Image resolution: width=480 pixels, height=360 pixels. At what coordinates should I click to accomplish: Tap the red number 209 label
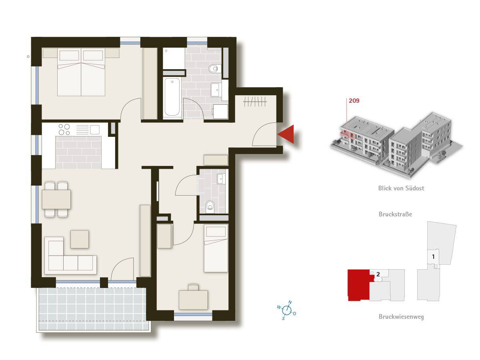pos(354,100)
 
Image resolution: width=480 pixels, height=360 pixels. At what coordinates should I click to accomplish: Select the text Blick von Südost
pos(401,188)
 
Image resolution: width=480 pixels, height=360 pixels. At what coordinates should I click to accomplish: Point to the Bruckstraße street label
pos(395,214)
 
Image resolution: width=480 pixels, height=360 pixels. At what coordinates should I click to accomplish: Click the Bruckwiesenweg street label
pos(401,316)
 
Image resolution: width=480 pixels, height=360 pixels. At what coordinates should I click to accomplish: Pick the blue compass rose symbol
pos(287,310)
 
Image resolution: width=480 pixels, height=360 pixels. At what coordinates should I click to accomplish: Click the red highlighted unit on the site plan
pos(358,285)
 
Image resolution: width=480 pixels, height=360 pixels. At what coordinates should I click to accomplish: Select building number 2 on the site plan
pos(378,274)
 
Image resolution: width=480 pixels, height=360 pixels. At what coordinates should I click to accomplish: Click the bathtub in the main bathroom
pos(172,97)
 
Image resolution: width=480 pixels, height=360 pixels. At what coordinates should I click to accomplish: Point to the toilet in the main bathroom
pos(214,69)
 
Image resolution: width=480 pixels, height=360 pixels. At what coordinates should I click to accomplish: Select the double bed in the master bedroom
pos(81,72)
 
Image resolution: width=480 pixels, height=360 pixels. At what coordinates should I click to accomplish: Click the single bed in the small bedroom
pos(216,248)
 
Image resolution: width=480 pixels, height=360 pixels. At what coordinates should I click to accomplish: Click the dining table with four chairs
pos(56,199)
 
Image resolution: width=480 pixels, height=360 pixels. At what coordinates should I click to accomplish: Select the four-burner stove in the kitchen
pos(64,129)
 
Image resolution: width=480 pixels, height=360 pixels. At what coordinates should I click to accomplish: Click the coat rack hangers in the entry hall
pos(255,102)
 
